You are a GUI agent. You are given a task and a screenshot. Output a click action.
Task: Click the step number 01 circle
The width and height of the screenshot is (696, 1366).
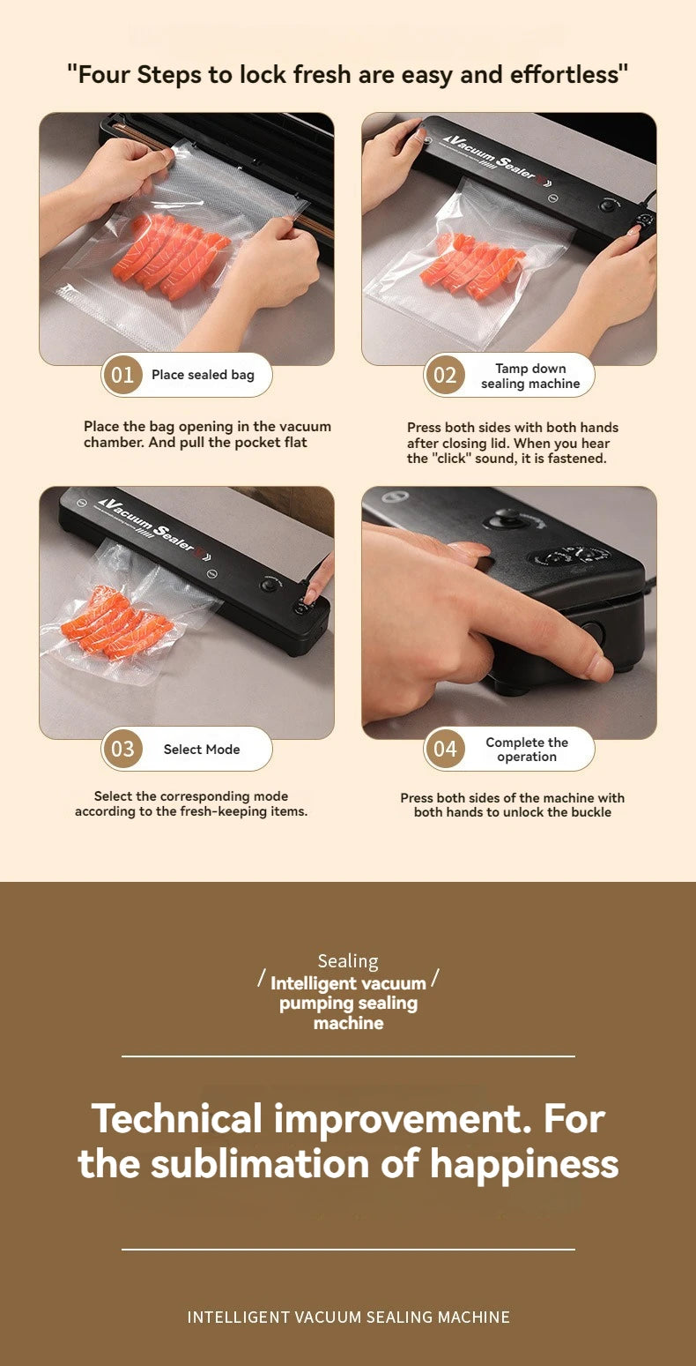[x=122, y=375]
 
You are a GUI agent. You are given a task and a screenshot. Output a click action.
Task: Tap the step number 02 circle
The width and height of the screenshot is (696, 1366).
[x=445, y=376]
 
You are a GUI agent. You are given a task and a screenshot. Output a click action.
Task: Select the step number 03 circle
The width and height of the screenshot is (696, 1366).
[x=122, y=749]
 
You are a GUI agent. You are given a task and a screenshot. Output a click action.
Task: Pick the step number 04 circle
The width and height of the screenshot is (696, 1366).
[x=445, y=749]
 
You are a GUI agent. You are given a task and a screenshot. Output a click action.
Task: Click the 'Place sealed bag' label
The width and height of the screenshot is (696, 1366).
[x=203, y=375]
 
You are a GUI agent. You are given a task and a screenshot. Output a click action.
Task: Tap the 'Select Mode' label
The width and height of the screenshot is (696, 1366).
[x=202, y=749]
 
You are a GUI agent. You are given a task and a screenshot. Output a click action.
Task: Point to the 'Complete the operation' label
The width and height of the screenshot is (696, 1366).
[x=527, y=749]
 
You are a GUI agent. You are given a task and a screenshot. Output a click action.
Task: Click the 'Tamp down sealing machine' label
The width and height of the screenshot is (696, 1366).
[x=530, y=376]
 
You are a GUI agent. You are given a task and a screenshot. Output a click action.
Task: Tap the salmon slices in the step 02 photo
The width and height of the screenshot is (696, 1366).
[x=471, y=264]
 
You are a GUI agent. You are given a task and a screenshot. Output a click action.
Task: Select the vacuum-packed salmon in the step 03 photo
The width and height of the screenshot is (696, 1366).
[x=115, y=622]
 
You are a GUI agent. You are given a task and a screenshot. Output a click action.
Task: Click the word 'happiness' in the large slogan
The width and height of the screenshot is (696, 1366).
[x=524, y=1163]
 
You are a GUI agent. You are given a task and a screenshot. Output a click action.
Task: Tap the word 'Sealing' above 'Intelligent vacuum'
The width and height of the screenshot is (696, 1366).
[x=348, y=961]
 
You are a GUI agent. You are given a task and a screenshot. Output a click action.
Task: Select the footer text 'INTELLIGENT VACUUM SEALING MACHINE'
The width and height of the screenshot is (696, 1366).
[x=348, y=1317]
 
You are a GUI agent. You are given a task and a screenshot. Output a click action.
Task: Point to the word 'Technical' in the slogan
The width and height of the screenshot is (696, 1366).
[x=177, y=1118]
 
